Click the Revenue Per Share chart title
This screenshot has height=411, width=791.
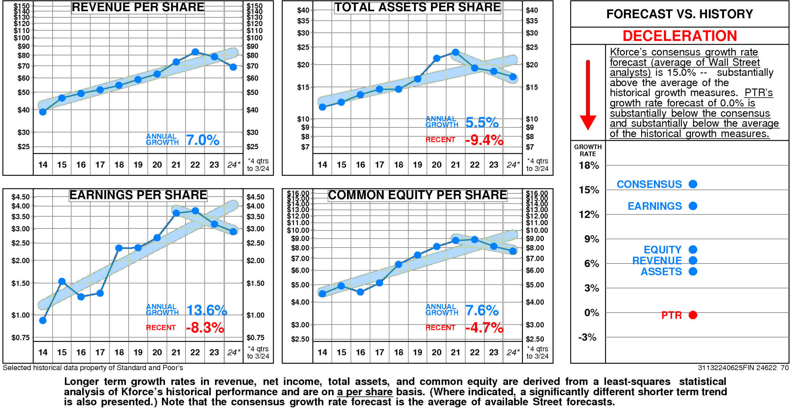pos(138,7)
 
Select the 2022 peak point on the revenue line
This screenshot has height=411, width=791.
pos(195,52)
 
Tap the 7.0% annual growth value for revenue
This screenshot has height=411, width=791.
pos(202,140)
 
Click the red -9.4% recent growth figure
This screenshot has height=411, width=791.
pos(484,140)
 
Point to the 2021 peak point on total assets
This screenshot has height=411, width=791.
pos(455,52)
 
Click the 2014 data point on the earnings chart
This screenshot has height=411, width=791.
pos(43,321)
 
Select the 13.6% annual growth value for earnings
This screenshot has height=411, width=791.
pos(206,310)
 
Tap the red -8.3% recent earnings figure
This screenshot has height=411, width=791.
pos(205,328)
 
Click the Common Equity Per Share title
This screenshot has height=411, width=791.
pos(417,195)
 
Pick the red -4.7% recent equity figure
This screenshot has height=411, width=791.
pos(484,328)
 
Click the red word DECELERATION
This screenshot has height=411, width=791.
pos(679,36)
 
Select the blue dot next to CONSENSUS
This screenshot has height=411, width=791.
pos(693,184)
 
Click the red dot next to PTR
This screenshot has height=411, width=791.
pos(693,315)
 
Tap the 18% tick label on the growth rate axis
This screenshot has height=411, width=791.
pos(589,166)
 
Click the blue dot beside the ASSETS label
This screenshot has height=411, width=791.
pos(693,271)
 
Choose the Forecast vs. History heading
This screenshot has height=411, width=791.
pos(679,14)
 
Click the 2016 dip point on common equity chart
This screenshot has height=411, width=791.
pos(360,292)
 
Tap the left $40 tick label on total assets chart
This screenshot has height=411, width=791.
pos(303,10)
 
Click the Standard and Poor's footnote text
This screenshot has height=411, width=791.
pos(93,368)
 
